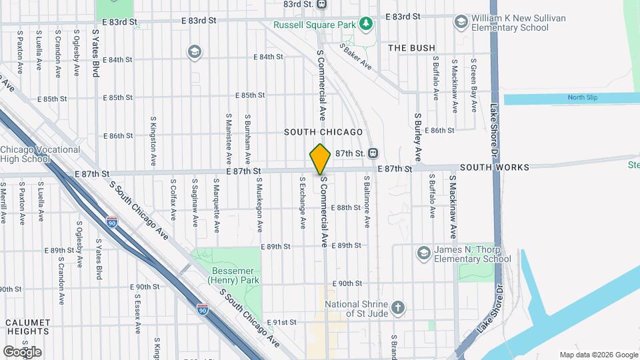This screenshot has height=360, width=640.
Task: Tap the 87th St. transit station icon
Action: coord(373,153)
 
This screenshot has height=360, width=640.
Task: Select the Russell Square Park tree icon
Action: coord(365,25)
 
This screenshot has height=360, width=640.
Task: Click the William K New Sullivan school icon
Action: coord(461,22)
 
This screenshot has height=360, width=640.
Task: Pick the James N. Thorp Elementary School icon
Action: coord(423,253)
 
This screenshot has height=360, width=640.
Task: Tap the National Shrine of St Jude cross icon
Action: coord(398,307)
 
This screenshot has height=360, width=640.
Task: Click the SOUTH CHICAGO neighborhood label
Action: coord(323,133)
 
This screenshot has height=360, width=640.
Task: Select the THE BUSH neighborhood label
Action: coord(411,48)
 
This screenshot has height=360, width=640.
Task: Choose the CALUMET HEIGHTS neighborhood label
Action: coord(28,326)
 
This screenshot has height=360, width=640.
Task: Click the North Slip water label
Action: coord(582,98)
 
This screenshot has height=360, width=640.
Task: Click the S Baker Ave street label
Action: coord(355,57)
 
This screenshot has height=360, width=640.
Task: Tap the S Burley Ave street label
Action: coord(418,137)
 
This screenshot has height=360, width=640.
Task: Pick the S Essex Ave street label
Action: coord(137,316)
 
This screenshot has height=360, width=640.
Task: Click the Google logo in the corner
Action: coord(23,351)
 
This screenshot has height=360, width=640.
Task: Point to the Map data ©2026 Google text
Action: coord(598,355)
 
